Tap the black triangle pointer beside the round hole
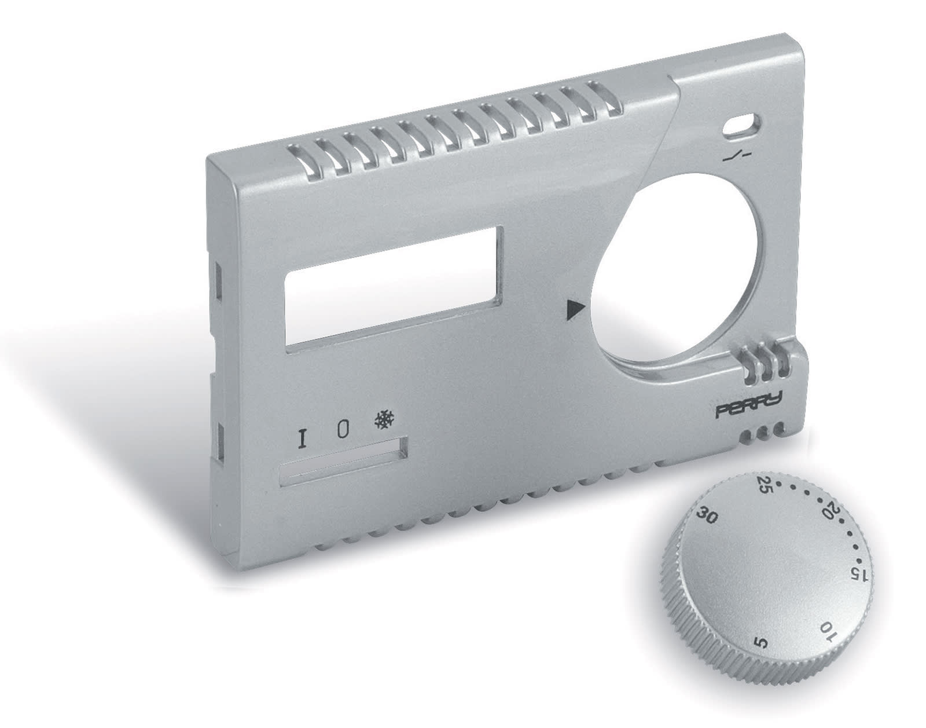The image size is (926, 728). coord(575,309)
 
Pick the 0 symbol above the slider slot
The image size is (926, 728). coord(343,430)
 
